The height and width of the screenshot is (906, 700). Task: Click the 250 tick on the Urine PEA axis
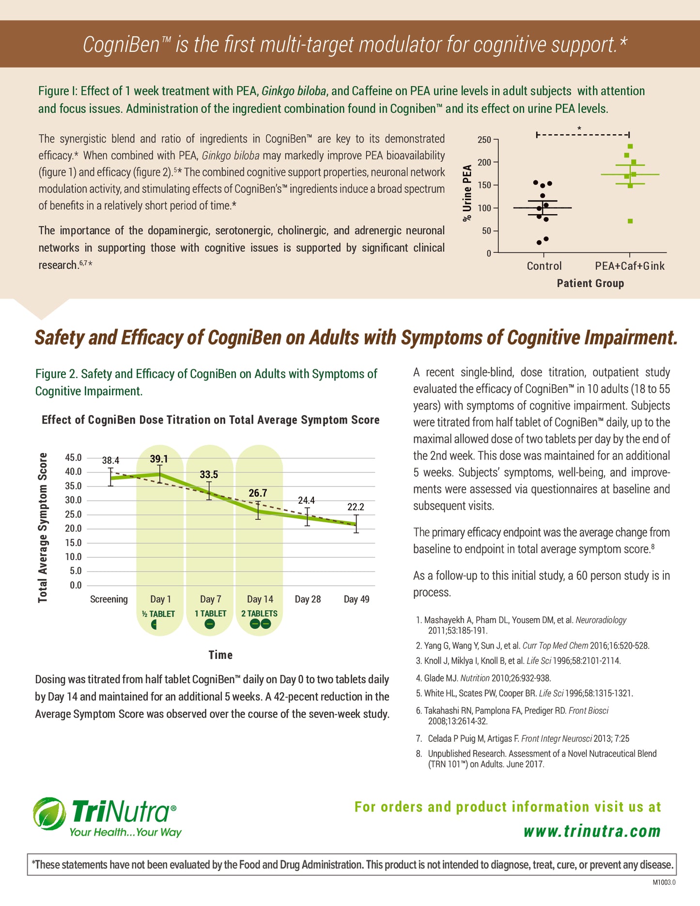pos(484,140)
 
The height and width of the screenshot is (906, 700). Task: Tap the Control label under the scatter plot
pos(544,266)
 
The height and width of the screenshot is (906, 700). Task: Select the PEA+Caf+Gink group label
pos(630,266)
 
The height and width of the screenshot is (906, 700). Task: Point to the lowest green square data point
pos(630,221)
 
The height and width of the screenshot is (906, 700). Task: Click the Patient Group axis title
pos(590,283)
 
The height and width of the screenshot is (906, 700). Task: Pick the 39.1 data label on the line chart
pos(159,459)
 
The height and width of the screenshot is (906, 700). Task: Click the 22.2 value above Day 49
pos(356,507)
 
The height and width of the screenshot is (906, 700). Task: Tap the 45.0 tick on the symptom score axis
pos(73,458)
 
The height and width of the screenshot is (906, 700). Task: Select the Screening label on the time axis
pos(109,599)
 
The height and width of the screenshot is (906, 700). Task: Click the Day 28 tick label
pos(308,599)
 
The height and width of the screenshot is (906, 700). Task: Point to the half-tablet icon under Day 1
pos(154,625)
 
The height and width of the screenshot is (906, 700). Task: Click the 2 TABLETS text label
pos(260,613)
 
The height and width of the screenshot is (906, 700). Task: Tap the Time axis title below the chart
pos(220,655)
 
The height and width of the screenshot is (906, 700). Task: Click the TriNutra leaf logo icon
pos(49,813)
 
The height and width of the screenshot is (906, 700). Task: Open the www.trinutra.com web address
pos(592,831)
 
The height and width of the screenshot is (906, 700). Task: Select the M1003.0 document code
pos(664,882)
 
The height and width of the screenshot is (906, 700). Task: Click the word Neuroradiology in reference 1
pos(601,620)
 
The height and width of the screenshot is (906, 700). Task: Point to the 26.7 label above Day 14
pos(258,493)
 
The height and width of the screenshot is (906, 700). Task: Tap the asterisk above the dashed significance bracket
pos(579,128)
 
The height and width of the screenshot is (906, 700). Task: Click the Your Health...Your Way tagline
pos(125,832)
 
